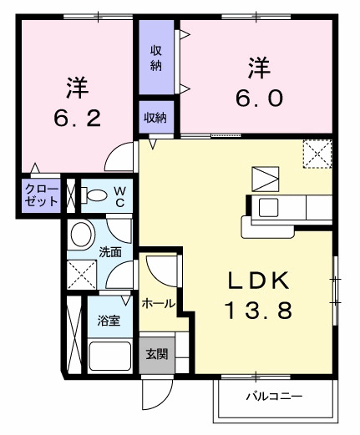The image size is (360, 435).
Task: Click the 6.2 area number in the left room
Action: click(77, 118)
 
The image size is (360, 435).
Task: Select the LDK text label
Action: click(257, 280)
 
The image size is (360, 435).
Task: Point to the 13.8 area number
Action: click(257, 312)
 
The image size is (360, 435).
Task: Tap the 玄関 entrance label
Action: click(156, 353)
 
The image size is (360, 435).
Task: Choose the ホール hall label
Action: click(158, 304)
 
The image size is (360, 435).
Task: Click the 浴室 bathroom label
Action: click(109, 320)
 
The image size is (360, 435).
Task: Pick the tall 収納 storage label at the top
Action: click(156, 58)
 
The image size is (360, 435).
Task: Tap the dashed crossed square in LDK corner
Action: click(317, 154)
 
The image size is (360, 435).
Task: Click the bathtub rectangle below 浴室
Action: click(111, 358)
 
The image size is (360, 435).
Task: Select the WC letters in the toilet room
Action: click(119, 196)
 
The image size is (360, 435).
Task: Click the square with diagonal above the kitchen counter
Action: click(265, 179)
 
